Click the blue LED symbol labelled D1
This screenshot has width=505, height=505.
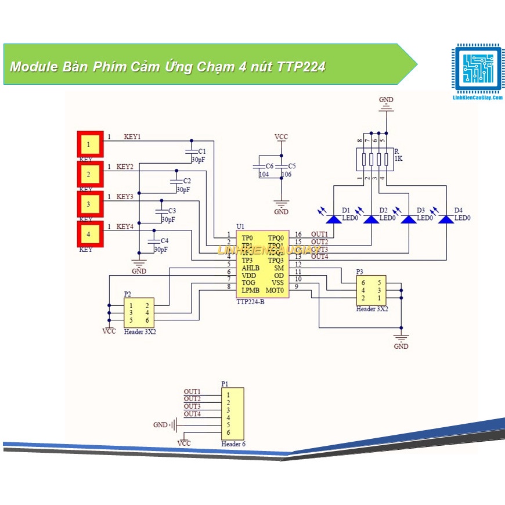(334, 219)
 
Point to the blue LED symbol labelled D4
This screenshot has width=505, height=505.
(446, 219)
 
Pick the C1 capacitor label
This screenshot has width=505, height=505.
(202, 151)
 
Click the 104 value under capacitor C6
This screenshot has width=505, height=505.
(264, 174)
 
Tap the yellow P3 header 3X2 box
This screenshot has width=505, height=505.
(371, 290)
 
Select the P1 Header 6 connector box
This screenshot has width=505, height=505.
(233, 414)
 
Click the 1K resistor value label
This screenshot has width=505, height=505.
(398, 158)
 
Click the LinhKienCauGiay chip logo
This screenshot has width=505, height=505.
(476, 68)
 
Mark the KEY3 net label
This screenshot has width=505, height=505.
(125, 197)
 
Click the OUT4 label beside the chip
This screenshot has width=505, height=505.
(319, 257)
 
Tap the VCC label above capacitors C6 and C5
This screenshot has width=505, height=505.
(281, 137)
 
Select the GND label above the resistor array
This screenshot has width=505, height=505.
(386, 100)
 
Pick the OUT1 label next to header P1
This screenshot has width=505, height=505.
(192, 392)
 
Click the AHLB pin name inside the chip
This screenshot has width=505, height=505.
(251, 268)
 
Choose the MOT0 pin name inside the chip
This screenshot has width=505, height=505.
(275, 290)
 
